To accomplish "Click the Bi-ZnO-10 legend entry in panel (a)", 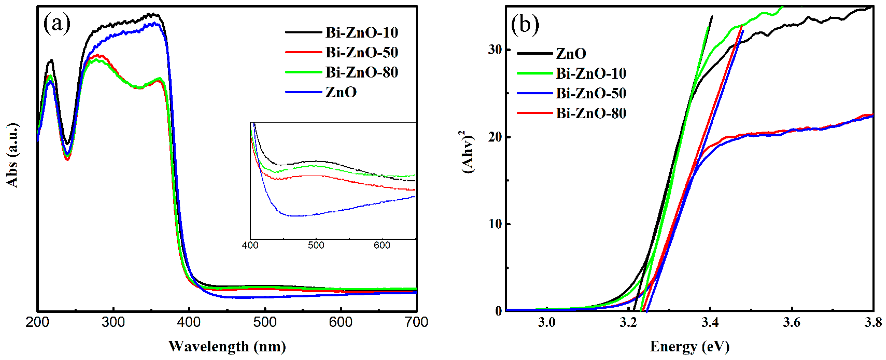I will pos(361,33).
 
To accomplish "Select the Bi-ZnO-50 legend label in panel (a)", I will pos(361,53).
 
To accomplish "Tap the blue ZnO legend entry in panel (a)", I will pos(341,92).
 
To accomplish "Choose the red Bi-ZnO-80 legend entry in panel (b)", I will pos(591,113).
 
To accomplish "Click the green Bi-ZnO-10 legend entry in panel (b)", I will pos(591,74).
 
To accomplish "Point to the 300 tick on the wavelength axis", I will pos(113,322).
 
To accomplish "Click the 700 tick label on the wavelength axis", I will pos(416,322).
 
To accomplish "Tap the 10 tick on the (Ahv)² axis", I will pos(495,224).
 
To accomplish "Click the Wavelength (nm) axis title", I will pos(227,347).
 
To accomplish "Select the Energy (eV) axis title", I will pos(689,347).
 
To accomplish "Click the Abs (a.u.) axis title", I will pos(12,155).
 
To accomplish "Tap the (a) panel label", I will pos(57,24).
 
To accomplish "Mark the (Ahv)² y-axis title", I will pos(467,152).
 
